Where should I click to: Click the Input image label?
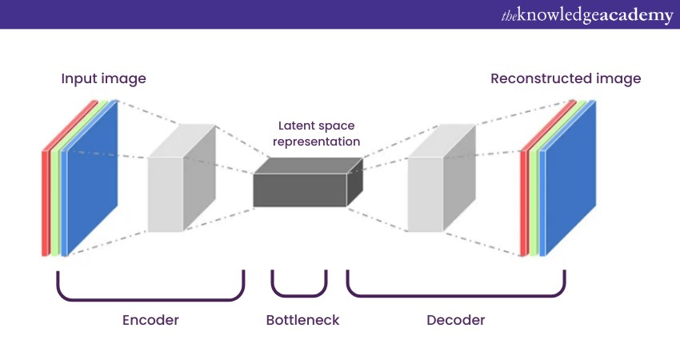point(104,79)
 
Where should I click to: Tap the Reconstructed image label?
point(566,79)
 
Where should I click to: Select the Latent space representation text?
point(316,134)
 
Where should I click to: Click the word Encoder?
point(150,320)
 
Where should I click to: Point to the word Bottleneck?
point(302,320)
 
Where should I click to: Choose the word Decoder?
point(456,320)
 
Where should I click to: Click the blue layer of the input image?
point(92,176)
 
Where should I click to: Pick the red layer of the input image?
point(45,200)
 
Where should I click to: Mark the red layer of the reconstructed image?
point(524,200)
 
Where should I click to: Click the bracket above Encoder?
point(150,298)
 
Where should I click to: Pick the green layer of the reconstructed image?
point(533,200)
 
